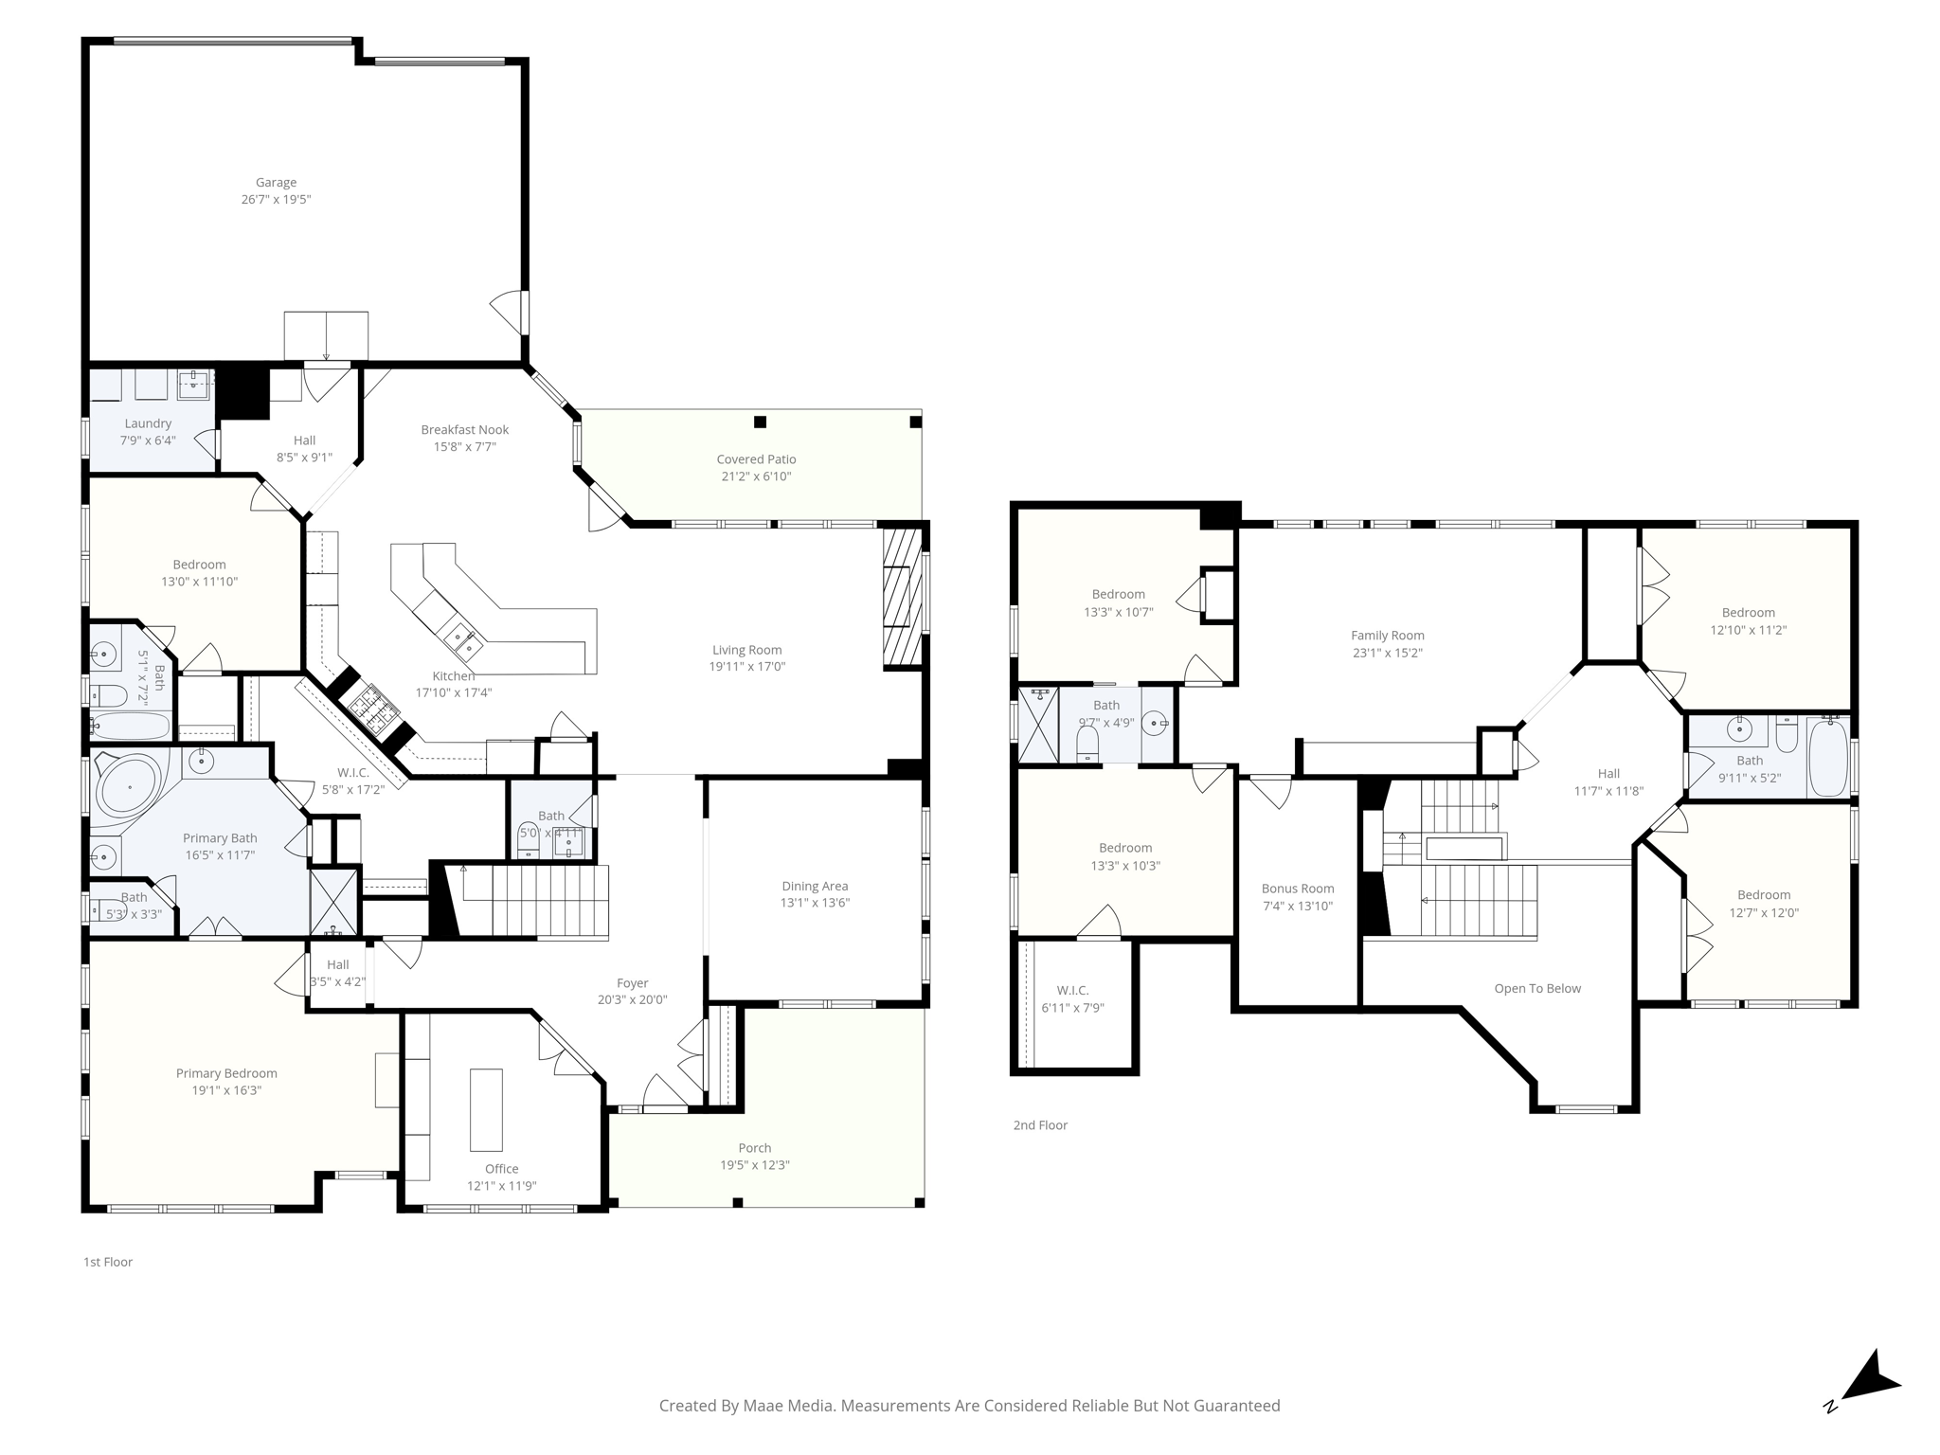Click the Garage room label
[276, 183]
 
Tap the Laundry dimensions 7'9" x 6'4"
[148, 440]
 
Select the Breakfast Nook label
[464, 430]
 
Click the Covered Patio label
[756, 459]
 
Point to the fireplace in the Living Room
[902, 598]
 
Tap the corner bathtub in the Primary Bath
[129, 786]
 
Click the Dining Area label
[814, 887]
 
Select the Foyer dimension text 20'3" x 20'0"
[632, 1000]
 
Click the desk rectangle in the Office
[486, 1110]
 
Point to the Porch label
[754, 1148]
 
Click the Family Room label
[1387, 636]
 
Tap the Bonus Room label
[1297, 889]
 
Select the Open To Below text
[1536, 989]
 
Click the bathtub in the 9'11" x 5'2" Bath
[1826, 758]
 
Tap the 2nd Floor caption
[1039, 1125]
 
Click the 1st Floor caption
[108, 1262]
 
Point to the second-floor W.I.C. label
[1072, 991]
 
